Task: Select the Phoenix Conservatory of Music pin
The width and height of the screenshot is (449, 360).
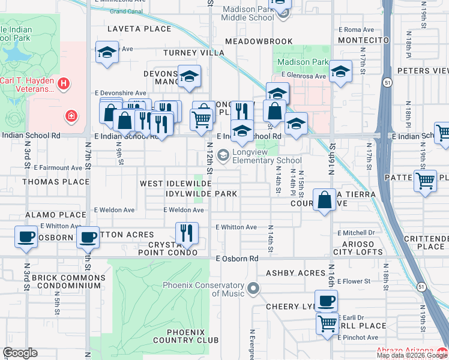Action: pyautogui.click(x=253, y=289)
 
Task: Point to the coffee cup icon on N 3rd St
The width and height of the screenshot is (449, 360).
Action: pyautogui.click(x=26, y=236)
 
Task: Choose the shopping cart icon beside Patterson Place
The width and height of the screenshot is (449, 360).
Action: pyautogui.click(x=426, y=179)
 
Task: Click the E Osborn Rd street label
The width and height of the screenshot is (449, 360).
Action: pyautogui.click(x=237, y=259)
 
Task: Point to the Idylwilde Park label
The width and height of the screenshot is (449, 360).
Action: pyautogui.click(x=202, y=194)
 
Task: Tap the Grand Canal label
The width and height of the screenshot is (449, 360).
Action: pyautogui.click(x=126, y=11)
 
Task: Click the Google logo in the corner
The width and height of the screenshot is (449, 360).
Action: pyautogui.click(x=20, y=353)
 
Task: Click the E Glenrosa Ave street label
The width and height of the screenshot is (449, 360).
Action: pyautogui.click(x=304, y=76)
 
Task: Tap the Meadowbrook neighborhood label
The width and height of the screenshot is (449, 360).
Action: pyautogui.click(x=259, y=41)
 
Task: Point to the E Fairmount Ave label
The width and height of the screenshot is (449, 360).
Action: pyautogui.click(x=58, y=168)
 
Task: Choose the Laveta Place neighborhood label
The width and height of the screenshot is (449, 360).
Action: pyautogui.click(x=139, y=29)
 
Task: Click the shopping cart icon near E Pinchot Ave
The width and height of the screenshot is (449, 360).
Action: pyautogui.click(x=327, y=324)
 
